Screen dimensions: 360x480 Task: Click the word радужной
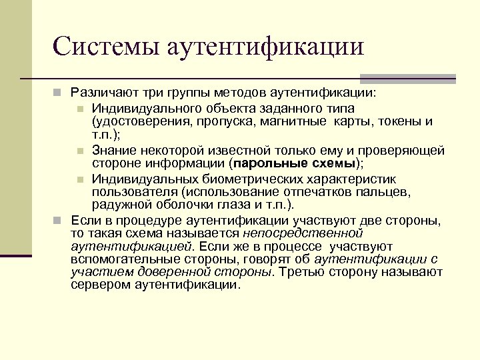[x=119, y=205]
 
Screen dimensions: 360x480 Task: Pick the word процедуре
[x=141, y=220]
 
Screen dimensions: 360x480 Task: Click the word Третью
[x=303, y=272]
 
